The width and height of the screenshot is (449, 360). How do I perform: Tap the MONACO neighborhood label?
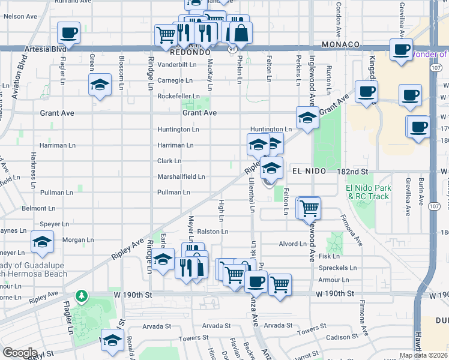[x=340, y=45]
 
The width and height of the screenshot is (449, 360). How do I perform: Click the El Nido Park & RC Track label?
[x=367, y=192]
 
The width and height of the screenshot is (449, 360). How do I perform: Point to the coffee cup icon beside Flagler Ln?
[x=68, y=33]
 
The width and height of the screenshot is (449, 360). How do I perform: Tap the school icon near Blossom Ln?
[x=100, y=85]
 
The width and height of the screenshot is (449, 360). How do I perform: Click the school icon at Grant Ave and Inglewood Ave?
[x=307, y=118]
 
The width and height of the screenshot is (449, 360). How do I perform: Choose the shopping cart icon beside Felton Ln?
[x=309, y=208]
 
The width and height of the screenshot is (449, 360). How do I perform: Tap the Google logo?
[x=20, y=353]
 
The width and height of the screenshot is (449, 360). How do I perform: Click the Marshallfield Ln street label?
[x=181, y=177]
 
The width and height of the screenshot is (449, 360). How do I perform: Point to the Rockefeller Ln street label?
[x=178, y=96]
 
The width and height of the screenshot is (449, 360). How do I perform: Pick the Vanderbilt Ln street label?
[x=177, y=64]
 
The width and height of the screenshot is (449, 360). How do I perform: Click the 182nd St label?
[x=352, y=172]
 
